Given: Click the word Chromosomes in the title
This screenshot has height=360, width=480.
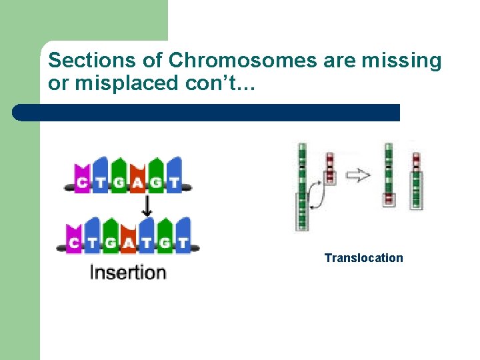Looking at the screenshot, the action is click(243, 61).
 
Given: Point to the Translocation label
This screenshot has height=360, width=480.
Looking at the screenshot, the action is click(363, 258).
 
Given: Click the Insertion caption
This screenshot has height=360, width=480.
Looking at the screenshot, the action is click(127, 272).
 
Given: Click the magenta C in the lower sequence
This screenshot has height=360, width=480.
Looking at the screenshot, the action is click(73, 243).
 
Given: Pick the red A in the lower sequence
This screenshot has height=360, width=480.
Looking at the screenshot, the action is click(129, 243).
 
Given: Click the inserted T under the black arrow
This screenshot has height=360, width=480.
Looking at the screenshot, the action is click(147, 243).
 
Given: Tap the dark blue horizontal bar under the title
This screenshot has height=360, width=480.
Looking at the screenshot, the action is click(207, 113).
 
